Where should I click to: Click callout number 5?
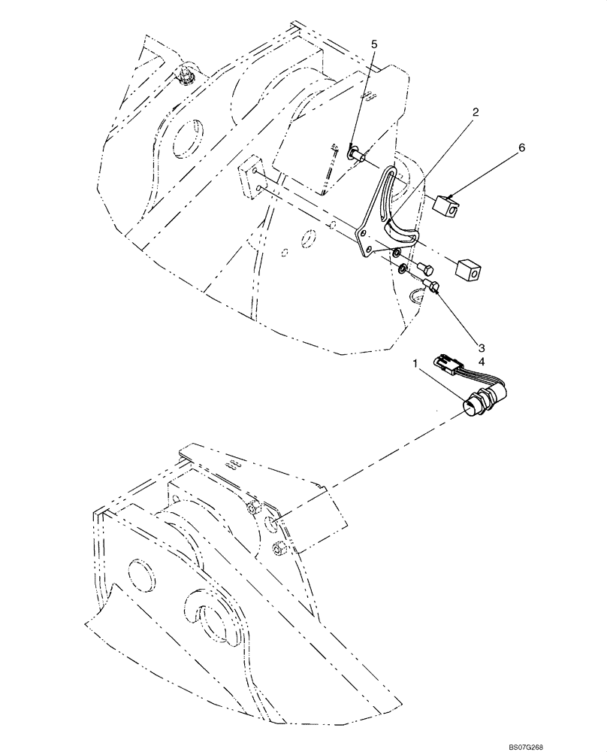(374, 44)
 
